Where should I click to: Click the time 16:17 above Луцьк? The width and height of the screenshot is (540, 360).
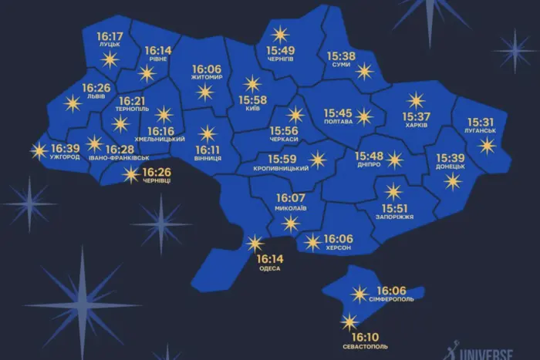(x=110, y=36)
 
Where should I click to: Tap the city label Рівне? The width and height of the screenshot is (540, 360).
(x=156, y=59)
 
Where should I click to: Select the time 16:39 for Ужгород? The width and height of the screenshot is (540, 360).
(x=65, y=147)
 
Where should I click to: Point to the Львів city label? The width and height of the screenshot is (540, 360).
(x=96, y=98)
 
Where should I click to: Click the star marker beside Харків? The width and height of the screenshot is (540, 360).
(x=416, y=100)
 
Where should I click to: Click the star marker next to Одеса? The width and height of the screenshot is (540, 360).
(x=255, y=244)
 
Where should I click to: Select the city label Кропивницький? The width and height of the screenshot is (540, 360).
(x=282, y=168)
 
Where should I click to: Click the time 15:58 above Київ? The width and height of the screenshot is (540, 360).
(x=252, y=100)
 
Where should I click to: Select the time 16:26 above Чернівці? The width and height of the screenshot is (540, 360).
(x=157, y=171)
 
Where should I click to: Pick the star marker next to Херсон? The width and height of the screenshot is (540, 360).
(x=312, y=242)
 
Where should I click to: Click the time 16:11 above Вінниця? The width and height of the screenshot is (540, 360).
(x=208, y=150)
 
